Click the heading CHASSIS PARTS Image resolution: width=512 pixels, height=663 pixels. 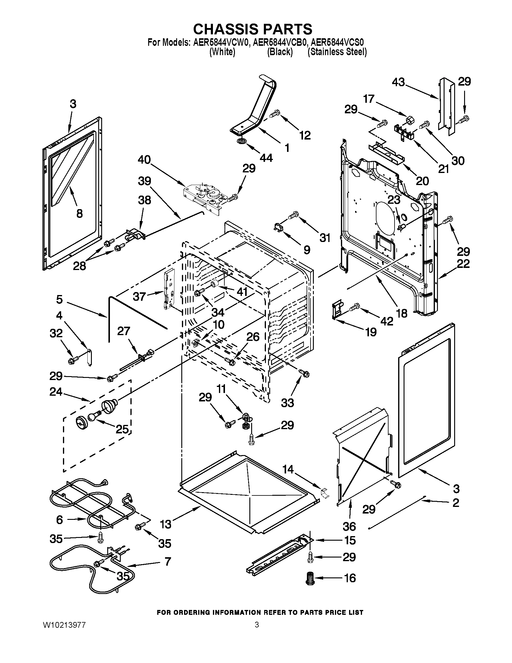click(x=253, y=29)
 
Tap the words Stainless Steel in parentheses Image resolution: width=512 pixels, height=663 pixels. click(x=337, y=52)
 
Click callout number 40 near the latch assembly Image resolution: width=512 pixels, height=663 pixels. click(x=144, y=160)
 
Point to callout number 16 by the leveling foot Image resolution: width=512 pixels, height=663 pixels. click(x=350, y=578)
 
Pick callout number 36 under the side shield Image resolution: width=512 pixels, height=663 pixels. click(x=349, y=526)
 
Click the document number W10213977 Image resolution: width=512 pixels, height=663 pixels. click(x=64, y=625)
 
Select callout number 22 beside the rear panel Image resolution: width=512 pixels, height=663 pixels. click(x=463, y=263)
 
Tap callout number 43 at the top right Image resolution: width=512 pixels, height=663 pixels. click(x=398, y=82)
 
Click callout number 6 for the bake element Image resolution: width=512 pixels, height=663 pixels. click(x=60, y=520)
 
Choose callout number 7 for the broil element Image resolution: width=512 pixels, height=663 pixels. click(x=167, y=561)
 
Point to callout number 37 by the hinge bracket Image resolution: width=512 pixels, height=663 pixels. click(x=139, y=297)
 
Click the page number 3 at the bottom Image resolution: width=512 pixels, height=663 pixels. click(x=257, y=625)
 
